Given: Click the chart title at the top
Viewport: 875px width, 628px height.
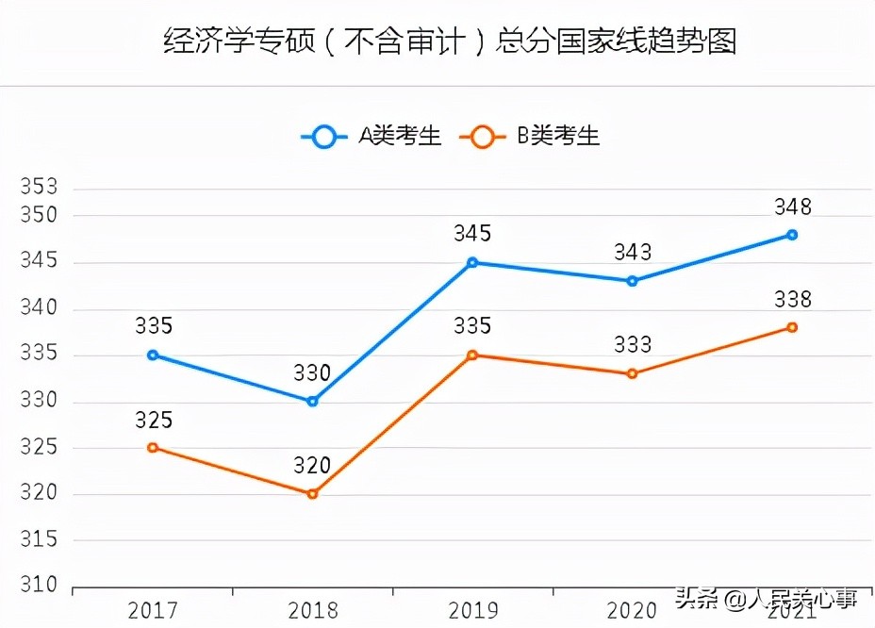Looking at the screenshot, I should [450, 42].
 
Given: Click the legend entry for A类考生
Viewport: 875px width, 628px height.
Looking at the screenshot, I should [371, 138].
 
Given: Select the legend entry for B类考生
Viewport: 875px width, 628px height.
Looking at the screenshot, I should [530, 138].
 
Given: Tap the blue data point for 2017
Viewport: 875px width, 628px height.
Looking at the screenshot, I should [153, 355].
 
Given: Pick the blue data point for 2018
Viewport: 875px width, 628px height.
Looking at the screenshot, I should [312, 402].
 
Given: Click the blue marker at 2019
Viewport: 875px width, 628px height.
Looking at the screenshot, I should [472, 262].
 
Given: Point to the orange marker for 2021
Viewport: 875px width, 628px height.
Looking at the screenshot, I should [792, 327].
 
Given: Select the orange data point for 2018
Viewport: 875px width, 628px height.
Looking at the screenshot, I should [312, 494].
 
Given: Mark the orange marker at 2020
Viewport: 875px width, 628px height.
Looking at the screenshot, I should [632, 373].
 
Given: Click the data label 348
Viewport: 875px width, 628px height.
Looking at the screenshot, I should [792, 207].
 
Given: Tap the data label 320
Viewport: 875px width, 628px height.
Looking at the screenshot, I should [312, 466].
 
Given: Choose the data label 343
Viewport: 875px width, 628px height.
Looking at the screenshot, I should [632, 253].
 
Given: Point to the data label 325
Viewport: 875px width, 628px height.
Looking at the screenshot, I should [153, 421].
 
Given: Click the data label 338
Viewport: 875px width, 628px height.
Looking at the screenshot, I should [792, 300].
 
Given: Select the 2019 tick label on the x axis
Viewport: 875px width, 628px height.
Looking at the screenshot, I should [472, 611].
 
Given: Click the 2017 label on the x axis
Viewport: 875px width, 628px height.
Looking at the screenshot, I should [153, 611].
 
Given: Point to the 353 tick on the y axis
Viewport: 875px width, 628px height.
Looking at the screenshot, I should [39, 188].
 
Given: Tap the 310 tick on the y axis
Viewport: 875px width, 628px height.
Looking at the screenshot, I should [39, 586].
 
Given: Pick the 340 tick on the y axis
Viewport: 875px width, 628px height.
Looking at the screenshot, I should [39, 308].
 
